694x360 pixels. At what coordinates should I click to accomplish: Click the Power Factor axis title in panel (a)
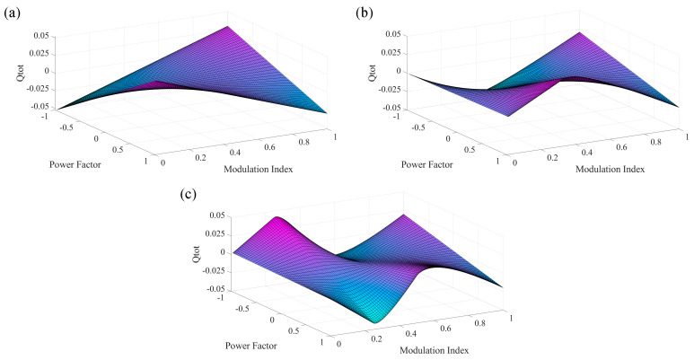pyautogui.click(x=65, y=163)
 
